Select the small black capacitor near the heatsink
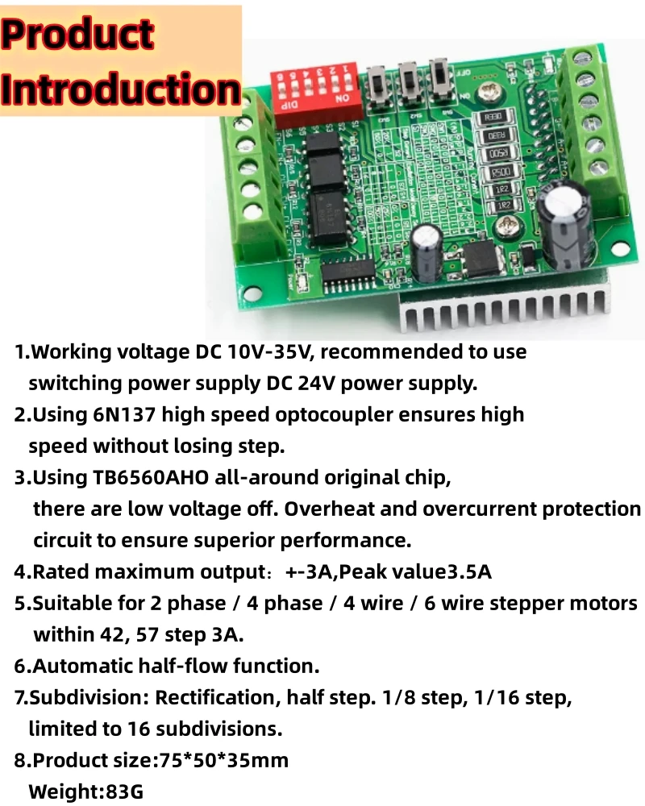(x=425, y=247)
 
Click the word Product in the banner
(x=77, y=35)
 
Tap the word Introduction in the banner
(x=121, y=89)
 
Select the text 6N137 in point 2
(x=113, y=415)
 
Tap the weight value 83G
(x=125, y=791)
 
